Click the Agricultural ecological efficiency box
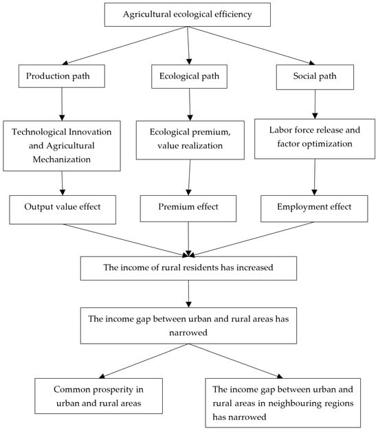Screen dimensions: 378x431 tap(188, 15)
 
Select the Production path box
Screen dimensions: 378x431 tap(62, 76)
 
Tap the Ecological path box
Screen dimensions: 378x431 tap(189, 76)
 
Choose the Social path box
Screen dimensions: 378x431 tap(315, 77)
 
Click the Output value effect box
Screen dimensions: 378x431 tap(63, 210)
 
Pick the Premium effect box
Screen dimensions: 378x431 tap(188, 208)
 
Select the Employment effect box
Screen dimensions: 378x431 tap(314, 208)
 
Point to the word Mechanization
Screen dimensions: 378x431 tap(62, 159)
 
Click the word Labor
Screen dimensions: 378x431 tap(278, 130)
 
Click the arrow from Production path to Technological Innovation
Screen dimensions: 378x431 tap(62, 104)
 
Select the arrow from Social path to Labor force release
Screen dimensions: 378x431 tap(315, 104)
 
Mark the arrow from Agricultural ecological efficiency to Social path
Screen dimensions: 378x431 tap(251, 45)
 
